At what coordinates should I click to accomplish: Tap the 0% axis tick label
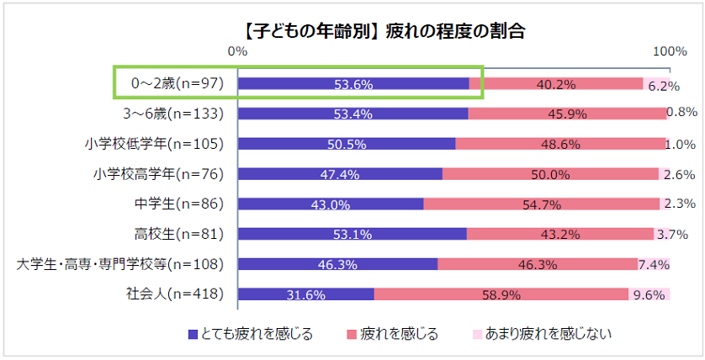[x=237, y=51]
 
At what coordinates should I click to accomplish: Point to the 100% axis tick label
[x=670, y=51]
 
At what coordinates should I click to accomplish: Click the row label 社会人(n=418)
[x=173, y=294]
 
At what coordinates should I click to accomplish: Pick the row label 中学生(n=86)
[x=178, y=204]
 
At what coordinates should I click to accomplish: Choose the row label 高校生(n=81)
[x=178, y=234]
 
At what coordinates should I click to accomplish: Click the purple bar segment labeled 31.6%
[x=305, y=294]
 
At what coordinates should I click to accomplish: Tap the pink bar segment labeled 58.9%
[x=501, y=294]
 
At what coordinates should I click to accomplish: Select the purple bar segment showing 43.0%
[x=331, y=204]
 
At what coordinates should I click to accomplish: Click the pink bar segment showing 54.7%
[x=541, y=204]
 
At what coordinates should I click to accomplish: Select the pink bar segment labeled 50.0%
[x=550, y=174]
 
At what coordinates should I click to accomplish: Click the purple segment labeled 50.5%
[x=346, y=144]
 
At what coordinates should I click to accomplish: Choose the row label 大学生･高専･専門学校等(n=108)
[x=119, y=264]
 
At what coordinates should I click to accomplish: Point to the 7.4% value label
[x=654, y=265]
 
